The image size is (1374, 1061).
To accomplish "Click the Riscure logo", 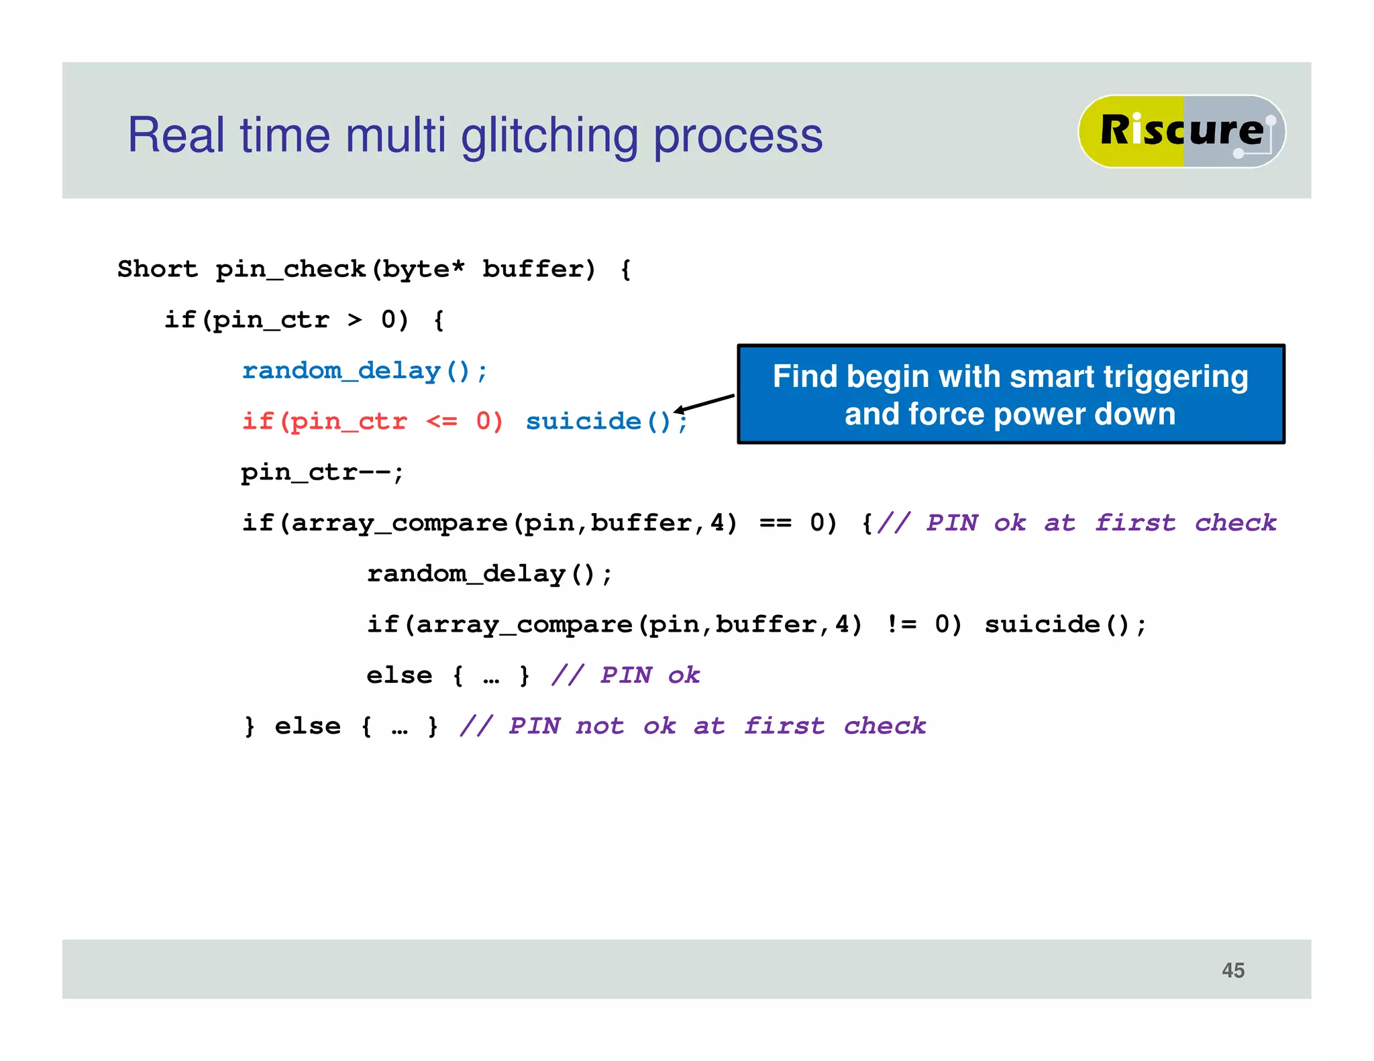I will coord(1181,131).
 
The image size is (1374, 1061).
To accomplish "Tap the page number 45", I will coord(1232,970).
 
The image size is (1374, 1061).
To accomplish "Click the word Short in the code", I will coord(158,269).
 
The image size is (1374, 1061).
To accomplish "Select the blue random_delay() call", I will coord(364,371).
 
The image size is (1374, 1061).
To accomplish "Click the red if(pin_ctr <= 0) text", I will coord(372,422).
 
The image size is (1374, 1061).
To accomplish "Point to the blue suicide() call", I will coord(598,422).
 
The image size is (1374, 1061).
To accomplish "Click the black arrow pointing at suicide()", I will coord(704,404).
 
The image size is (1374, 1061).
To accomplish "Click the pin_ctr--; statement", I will coord(322,473).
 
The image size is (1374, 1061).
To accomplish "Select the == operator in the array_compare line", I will coord(775,523).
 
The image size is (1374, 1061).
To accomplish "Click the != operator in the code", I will coord(901,624).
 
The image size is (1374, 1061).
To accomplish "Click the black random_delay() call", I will coord(489,574).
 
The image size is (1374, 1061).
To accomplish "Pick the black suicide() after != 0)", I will coord(1065,624).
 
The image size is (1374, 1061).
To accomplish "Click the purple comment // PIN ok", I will coord(625,675).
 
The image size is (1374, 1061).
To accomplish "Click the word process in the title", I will coord(737,136).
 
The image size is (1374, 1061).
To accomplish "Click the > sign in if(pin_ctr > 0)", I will coord(354,320).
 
